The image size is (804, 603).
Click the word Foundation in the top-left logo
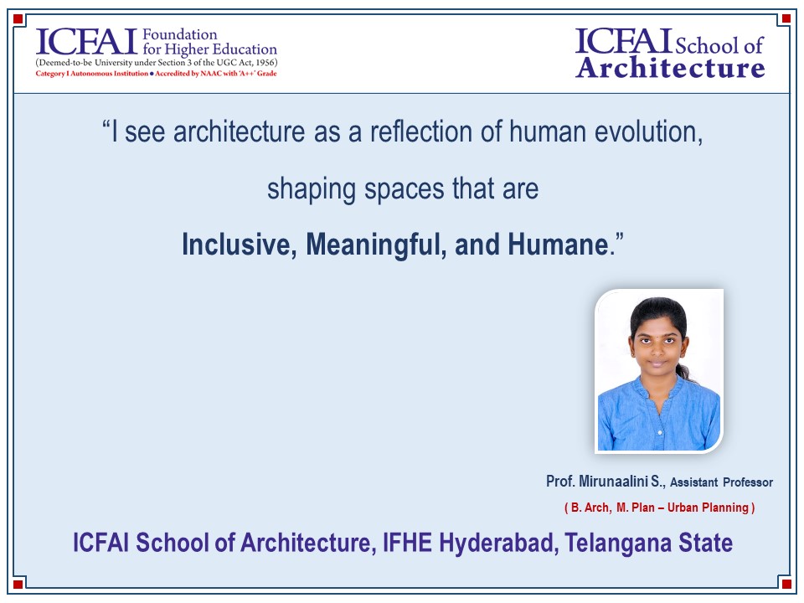tap(179, 34)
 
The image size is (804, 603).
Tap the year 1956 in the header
tap(265, 63)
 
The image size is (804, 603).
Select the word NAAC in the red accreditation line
tap(211, 74)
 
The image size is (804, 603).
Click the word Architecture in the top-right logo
tap(670, 67)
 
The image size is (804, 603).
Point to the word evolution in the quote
tap(648, 131)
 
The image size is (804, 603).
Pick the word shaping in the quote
tap(312, 189)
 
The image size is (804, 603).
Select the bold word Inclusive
tap(240, 245)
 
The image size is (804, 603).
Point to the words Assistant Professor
tap(721, 482)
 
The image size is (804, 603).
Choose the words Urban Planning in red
tap(708, 508)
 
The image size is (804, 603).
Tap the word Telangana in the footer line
tap(617, 544)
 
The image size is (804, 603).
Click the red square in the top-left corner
tap(18, 19)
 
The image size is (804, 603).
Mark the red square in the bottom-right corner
tap(786, 584)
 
